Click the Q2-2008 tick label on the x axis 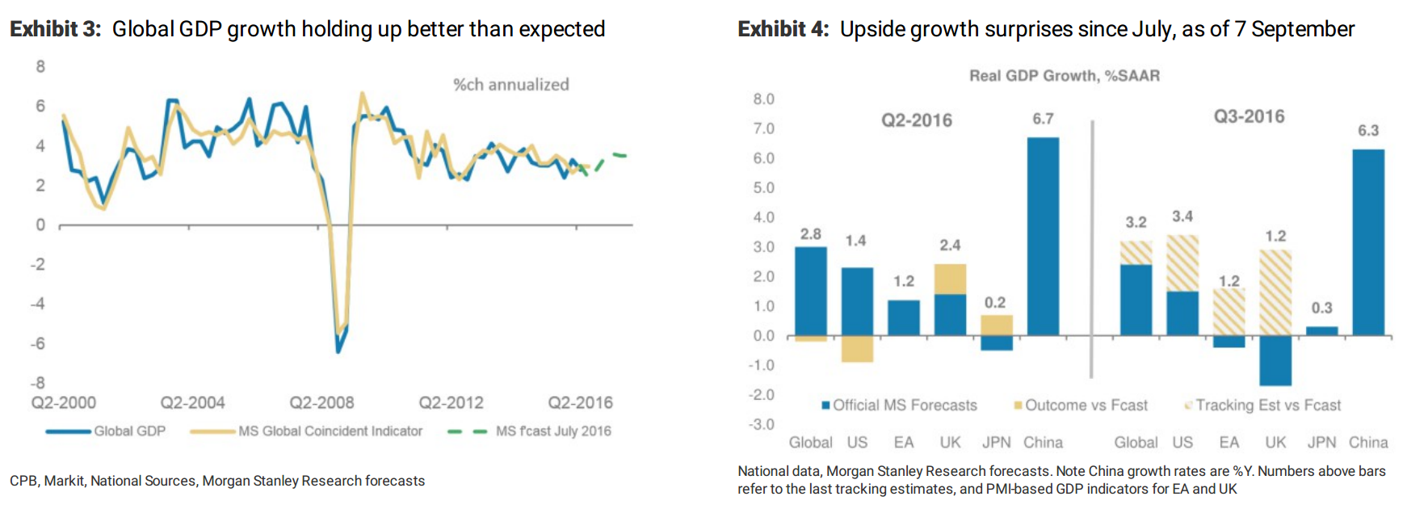tap(321, 402)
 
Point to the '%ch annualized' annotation tap(510, 85)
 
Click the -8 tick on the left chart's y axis tap(38, 383)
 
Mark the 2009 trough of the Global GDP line tap(338, 351)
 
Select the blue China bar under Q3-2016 tap(1367, 242)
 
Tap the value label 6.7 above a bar tap(1043, 119)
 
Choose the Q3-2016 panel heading tap(1249, 116)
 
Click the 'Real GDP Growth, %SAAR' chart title tap(1064, 76)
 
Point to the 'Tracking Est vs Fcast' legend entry tap(1267, 406)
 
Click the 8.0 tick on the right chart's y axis tap(763, 99)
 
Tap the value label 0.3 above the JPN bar tap(1321, 308)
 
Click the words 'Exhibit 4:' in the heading tap(783, 29)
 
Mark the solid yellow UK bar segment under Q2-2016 tap(950, 279)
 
